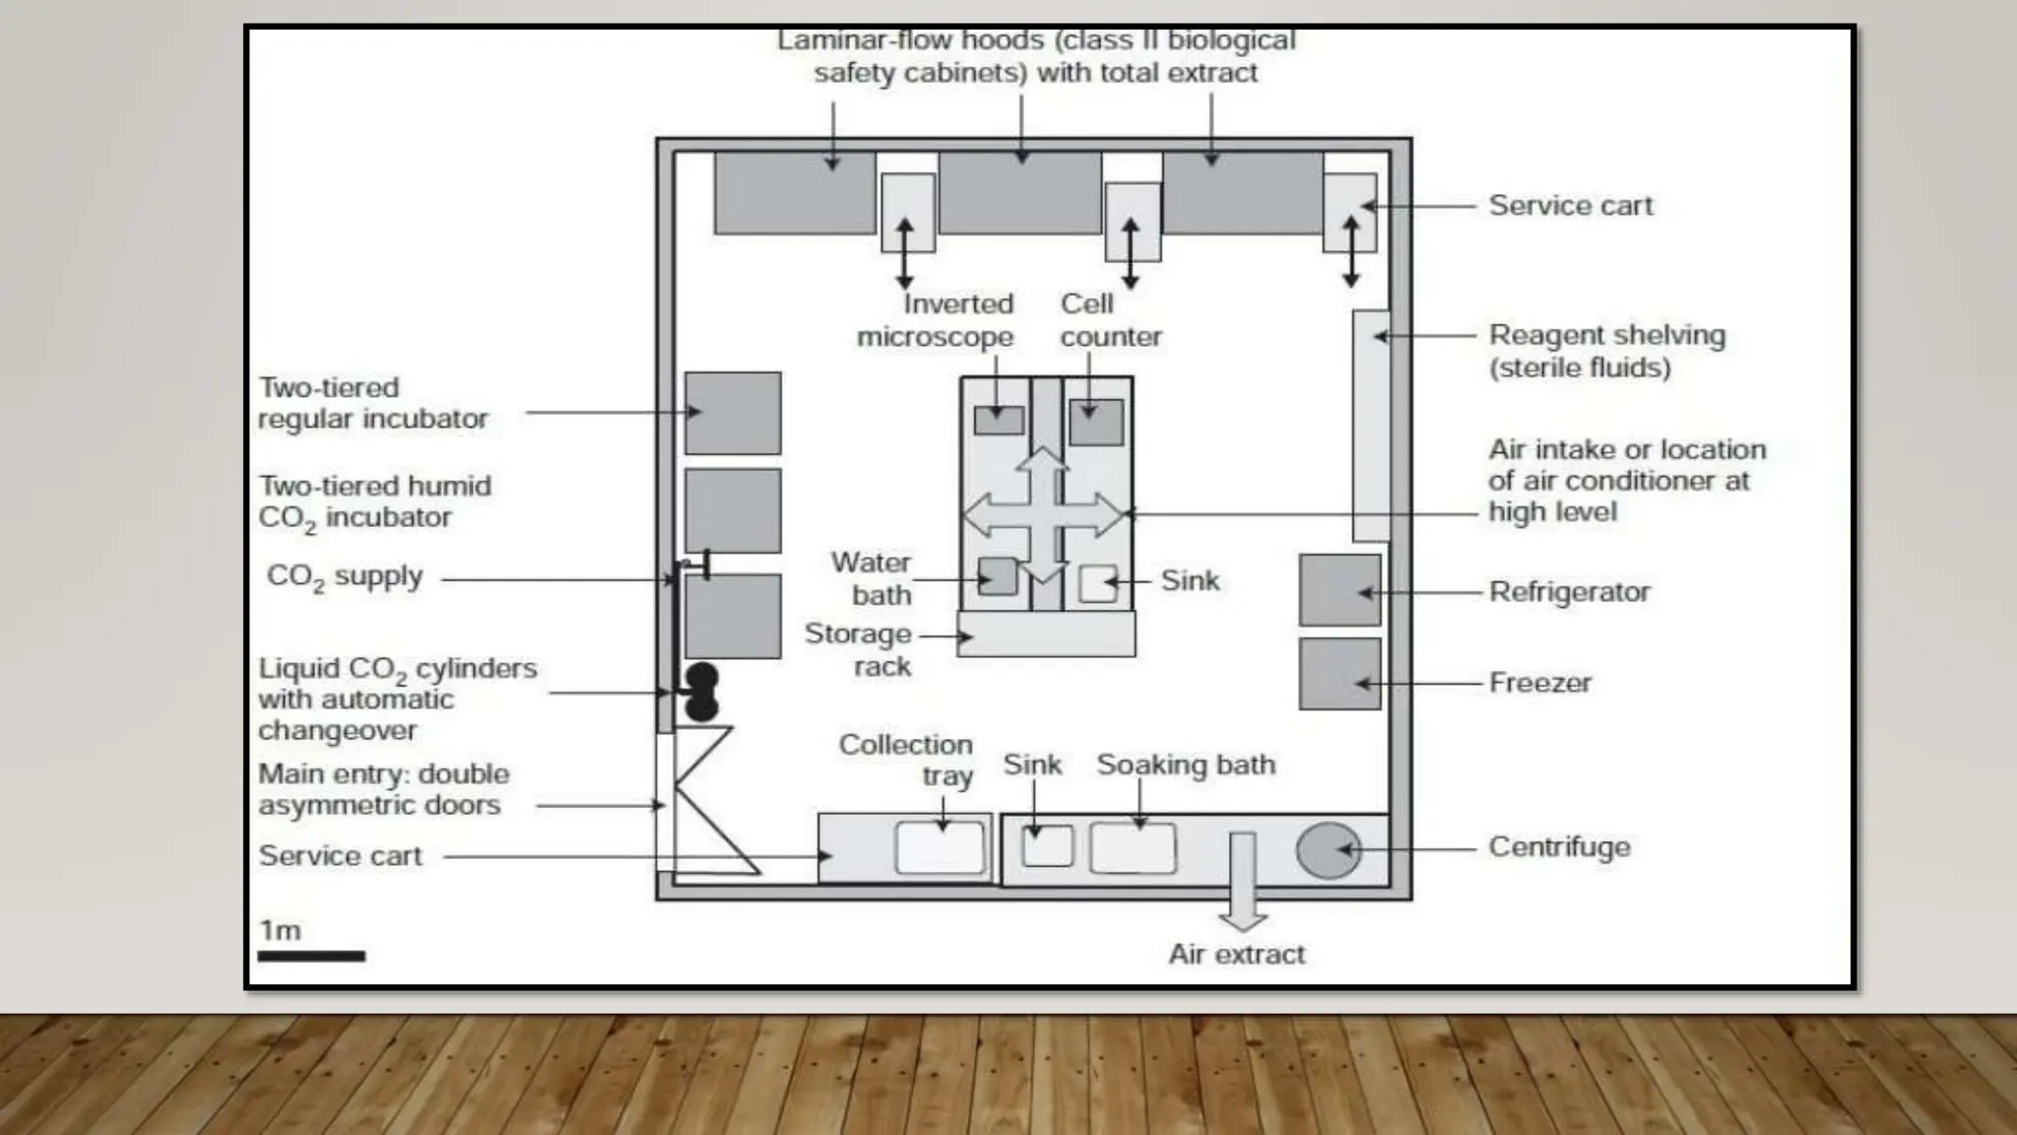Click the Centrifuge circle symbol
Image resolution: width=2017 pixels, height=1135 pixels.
click(1329, 850)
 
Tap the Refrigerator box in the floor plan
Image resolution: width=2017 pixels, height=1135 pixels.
click(1339, 590)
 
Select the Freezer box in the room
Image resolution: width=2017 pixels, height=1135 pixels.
click(1339, 674)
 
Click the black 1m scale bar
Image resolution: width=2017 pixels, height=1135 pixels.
click(311, 956)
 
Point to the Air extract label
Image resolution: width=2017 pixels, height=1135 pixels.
click(1236, 954)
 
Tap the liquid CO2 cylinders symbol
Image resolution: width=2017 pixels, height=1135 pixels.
click(701, 692)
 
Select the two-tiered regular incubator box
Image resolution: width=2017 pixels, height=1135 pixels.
click(733, 413)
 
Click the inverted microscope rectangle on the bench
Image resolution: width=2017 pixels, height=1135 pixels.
click(999, 420)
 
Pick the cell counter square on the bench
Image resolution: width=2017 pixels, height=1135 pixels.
click(1096, 422)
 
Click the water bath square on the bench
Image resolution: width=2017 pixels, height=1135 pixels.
click(998, 576)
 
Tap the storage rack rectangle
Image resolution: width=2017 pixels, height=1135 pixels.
click(1046, 634)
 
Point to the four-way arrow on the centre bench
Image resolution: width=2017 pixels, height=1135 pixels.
click(1043, 514)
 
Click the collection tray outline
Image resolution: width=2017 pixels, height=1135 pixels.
click(940, 848)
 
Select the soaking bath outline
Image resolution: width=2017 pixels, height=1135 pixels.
click(1133, 848)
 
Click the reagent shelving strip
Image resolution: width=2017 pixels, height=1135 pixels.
click(1371, 426)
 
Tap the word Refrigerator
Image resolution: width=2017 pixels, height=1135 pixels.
click(1569, 592)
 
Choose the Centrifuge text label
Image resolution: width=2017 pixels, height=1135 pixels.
click(1559, 847)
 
